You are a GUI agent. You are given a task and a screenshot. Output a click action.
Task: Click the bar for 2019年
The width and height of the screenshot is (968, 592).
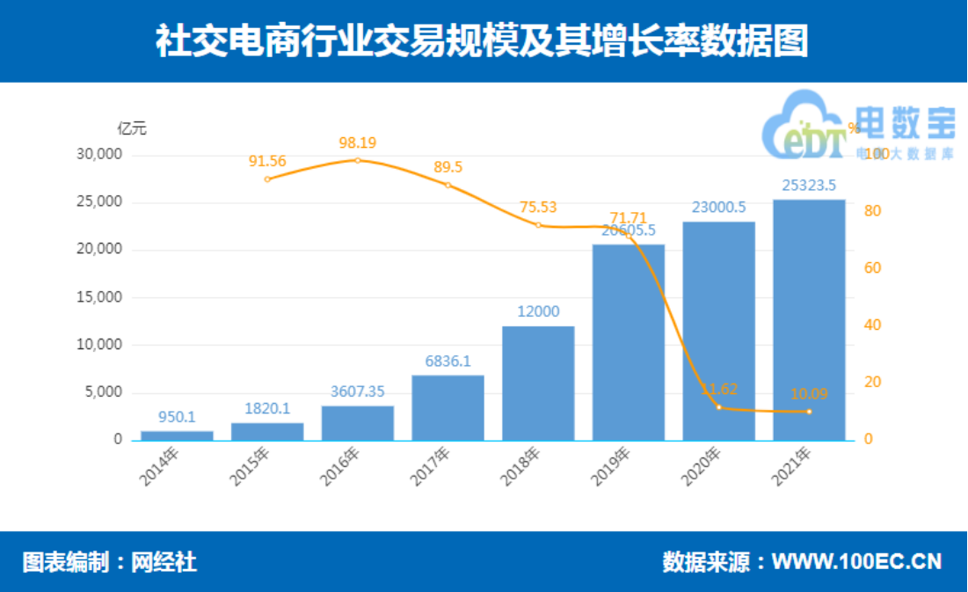pos(629,342)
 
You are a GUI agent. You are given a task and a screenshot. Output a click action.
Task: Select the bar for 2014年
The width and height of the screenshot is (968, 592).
pos(177,435)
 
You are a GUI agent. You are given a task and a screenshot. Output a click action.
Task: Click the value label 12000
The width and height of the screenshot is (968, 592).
pos(538,312)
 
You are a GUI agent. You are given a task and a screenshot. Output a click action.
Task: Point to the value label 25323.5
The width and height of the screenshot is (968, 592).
pos(809,185)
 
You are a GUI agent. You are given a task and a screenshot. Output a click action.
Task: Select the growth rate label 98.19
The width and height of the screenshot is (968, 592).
pos(358,143)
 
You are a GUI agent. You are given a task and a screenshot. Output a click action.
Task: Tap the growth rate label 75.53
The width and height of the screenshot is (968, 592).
pos(538,208)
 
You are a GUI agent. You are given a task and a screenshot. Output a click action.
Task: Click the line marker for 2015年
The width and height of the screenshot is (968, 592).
pos(267,179)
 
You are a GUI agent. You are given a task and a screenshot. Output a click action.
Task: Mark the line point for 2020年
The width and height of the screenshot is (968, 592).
pos(719,407)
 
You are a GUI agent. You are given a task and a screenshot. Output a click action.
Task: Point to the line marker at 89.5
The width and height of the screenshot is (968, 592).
pos(448,185)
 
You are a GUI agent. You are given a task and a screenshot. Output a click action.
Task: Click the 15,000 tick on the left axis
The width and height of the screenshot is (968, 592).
pos(99,297)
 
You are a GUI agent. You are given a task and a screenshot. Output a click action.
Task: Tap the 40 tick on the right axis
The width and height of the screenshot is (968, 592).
pos(872,325)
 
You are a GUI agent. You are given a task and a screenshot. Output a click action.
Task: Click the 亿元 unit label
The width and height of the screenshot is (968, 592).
pos(132,128)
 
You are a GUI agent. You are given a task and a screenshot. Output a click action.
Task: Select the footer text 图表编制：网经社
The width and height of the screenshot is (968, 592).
pos(110,562)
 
